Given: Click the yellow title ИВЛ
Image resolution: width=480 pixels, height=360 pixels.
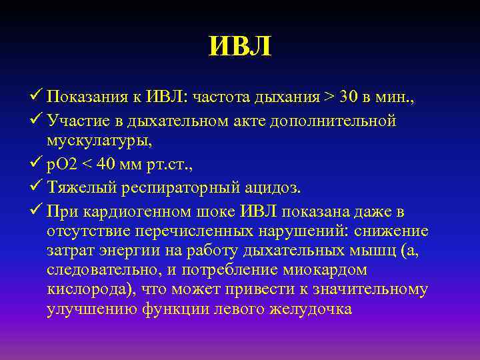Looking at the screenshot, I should coord(240,47).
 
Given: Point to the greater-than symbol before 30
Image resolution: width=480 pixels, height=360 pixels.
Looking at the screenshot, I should coord(330,98).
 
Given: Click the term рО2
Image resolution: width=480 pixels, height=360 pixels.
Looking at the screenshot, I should coord(63,165).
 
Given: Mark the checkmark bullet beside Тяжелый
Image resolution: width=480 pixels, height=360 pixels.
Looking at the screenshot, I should coord(37,188).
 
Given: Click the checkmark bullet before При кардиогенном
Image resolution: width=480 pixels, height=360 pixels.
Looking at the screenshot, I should coord(37,212).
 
